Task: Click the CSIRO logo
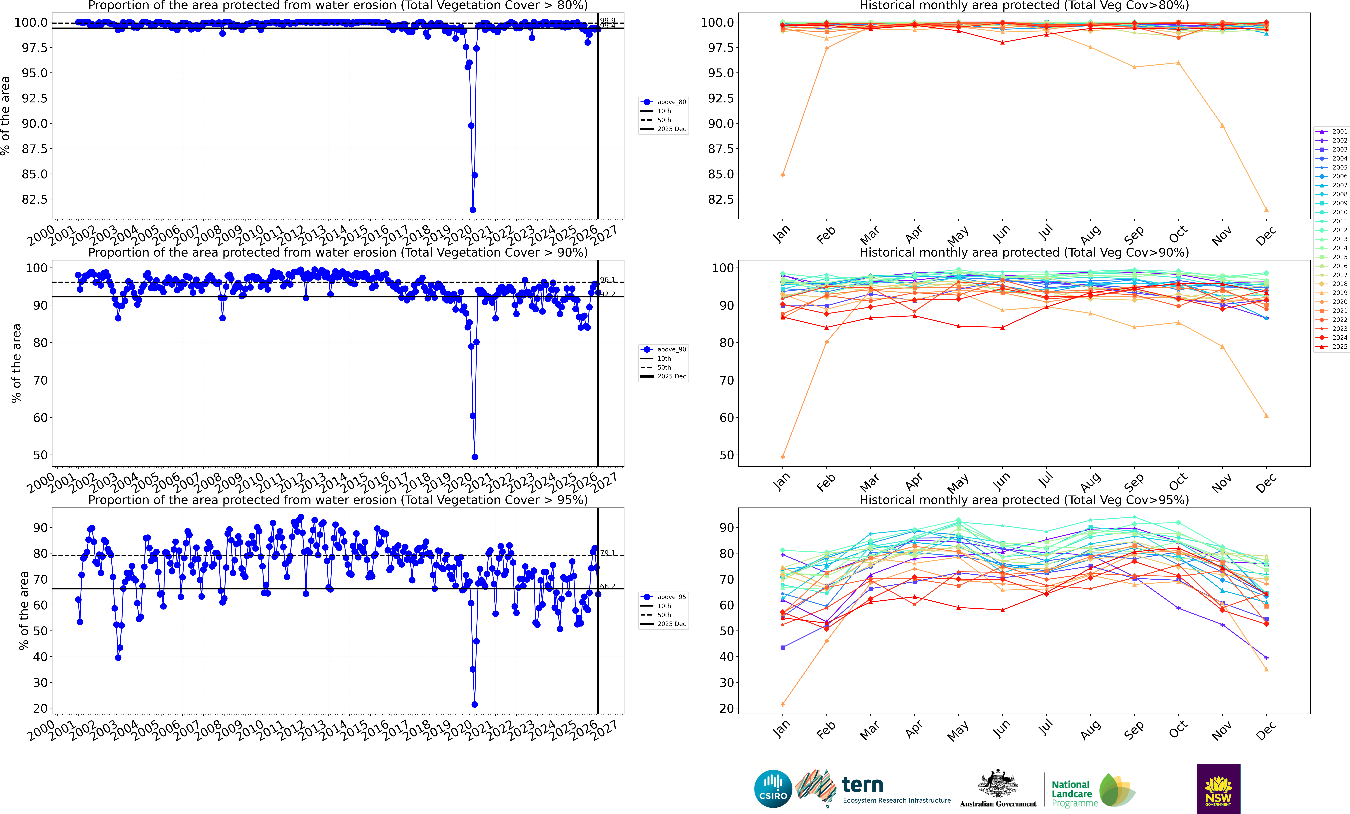click(773, 789)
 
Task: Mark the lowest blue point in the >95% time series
click(474, 705)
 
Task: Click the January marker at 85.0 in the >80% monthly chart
click(782, 175)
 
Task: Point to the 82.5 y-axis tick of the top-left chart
click(34, 199)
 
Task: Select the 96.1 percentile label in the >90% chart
click(607, 280)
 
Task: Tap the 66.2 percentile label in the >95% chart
click(607, 586)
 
